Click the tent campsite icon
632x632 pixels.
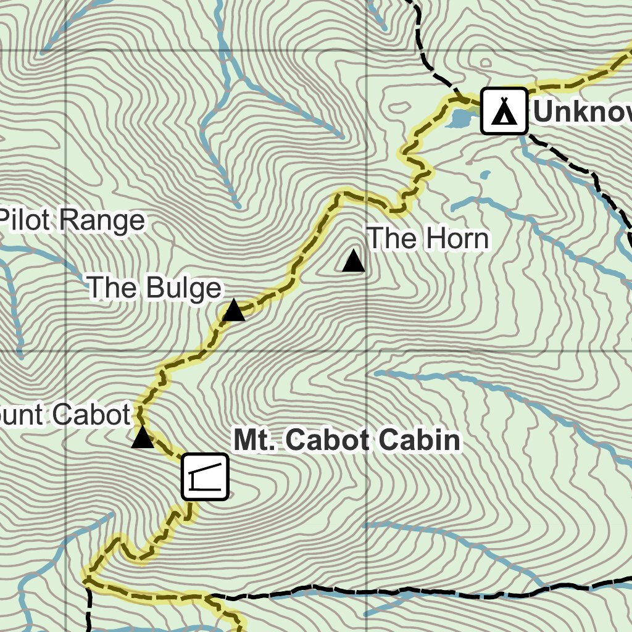[504, 111]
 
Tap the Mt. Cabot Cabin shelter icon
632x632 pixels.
[205, 477]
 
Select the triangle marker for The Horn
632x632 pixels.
[354, 261]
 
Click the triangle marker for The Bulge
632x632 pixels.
[233, 310]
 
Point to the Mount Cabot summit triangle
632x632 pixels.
[143, 438]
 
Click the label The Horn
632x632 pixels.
[428, 239]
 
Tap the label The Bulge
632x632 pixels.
[154, 288]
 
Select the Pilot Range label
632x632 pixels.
[73, 221]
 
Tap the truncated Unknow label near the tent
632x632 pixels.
[581, 112]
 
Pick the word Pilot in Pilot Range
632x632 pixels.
[27, 221]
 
